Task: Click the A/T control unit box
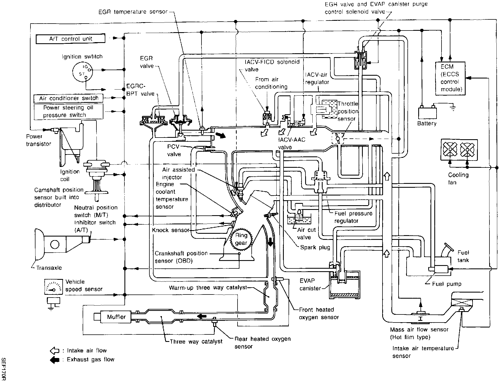71,39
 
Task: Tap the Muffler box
116,317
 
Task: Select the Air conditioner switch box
68,98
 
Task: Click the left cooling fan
450,150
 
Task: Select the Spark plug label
315,247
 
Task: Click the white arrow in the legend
55,351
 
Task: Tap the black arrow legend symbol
55,360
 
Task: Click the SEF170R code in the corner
4,369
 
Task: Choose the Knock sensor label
170,230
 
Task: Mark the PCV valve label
174,150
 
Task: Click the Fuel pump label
447,284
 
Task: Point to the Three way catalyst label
196,342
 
